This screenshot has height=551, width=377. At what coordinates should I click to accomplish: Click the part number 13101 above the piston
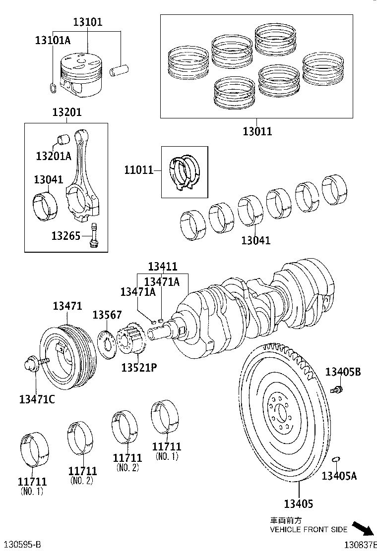click(x=88, y=22)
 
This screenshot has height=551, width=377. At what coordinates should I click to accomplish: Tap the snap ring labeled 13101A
click(x=53, y=88)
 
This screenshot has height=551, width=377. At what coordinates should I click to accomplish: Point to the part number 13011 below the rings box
click(x=257, y=131)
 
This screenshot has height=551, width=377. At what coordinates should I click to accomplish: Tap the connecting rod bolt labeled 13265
click(x=95, y=235)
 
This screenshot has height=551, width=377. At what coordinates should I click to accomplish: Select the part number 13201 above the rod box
click(x=67, y=113)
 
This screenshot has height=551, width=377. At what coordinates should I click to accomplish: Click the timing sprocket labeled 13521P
click(x=131, y=339)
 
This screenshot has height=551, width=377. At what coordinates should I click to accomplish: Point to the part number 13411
click(x=162, y=267)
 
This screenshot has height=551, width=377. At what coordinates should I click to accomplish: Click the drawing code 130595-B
click(x=20, y=544)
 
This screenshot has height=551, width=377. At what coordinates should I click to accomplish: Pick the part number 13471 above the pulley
click(x=67, y=307)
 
